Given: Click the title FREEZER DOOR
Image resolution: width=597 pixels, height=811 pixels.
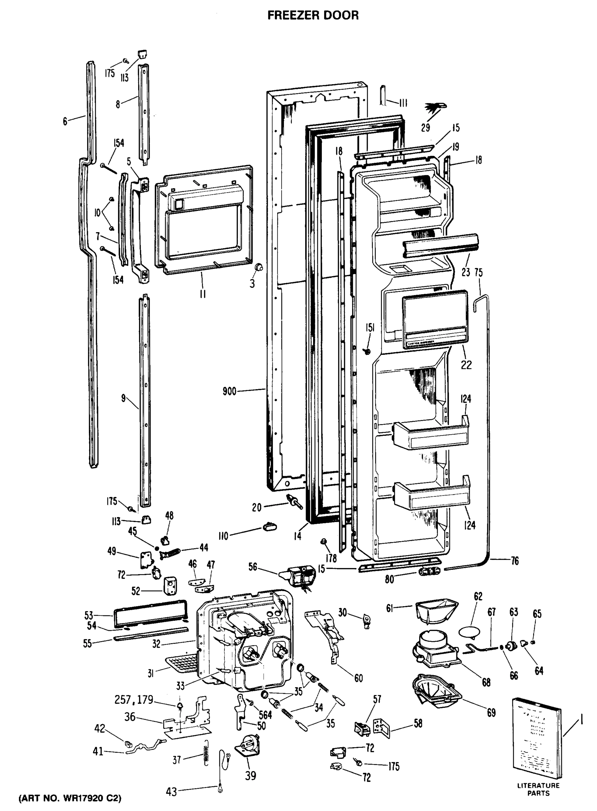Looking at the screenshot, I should pos(313,15).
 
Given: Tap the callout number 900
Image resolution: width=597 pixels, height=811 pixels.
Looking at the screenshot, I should pos(230,391).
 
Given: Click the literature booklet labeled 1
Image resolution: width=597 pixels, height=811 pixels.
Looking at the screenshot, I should pos(538,738).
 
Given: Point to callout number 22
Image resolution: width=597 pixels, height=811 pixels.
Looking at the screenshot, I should pos(466,365).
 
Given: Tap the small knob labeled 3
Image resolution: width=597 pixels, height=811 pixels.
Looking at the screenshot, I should pos(258,268).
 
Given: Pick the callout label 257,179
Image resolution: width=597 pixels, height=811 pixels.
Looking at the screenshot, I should pos(134,700).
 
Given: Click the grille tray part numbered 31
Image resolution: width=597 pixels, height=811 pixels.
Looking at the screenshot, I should pos(183,663).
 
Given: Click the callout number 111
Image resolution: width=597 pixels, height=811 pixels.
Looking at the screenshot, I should pos(403,103).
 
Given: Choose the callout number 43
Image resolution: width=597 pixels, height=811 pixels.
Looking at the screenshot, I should pos(171,792).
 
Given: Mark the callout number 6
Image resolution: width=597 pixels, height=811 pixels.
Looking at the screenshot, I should pos(65,121).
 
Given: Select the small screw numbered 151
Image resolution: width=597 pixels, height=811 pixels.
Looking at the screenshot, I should pos(368,350).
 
